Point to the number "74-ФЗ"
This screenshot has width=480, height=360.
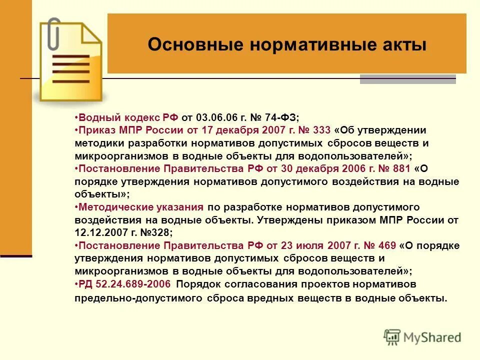click(281, 118)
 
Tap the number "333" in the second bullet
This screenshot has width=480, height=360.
click(320, 130)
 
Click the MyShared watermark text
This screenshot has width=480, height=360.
click(432, 337)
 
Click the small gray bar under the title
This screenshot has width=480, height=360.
click(407, 79)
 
